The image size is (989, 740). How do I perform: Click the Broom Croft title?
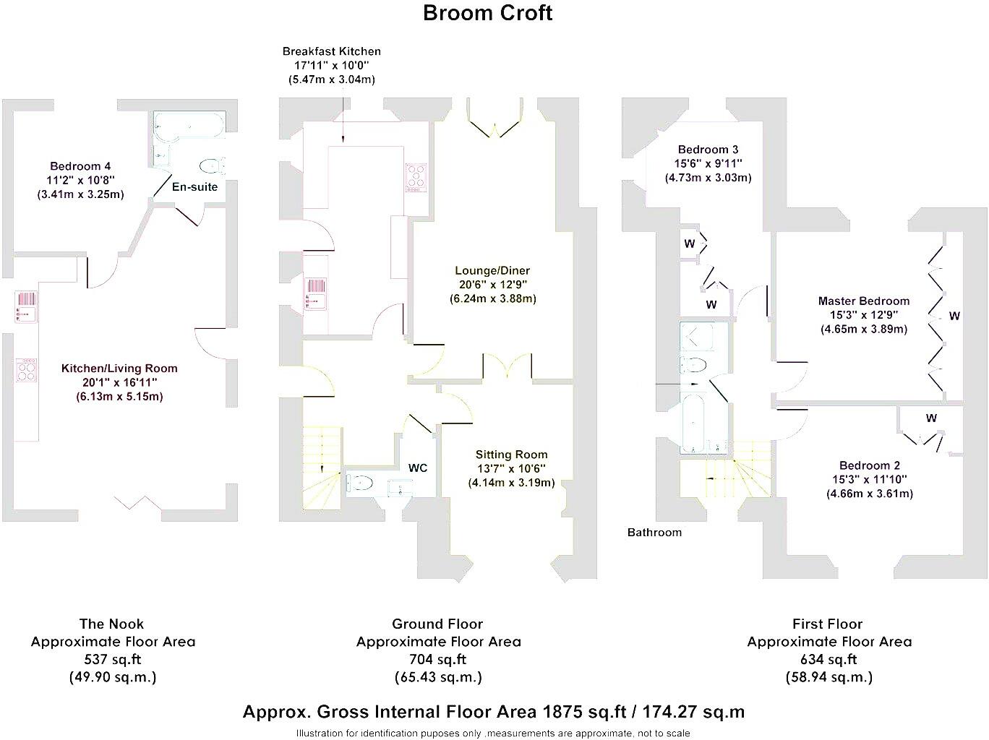pyautogui.click(x=487, y=13)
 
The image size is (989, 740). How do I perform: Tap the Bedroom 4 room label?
pyautogui.click(x=80, y=166)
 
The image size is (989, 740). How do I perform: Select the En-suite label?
pyautogui.click(x=194, y=186)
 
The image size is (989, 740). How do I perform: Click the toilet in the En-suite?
pyautogui.click(x=210, y=166)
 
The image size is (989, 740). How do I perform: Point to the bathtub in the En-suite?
pyautogui.click(x=189, y=124)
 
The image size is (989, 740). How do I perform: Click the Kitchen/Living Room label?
pyautogui.click(x=119, y=368)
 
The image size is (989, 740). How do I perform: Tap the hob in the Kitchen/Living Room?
pyautogui.click(x=26, y=371)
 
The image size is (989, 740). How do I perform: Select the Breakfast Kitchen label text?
pyautogui.click(x=331, y=51)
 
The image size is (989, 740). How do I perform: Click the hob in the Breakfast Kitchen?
pyautogui.click(x=416, y=177)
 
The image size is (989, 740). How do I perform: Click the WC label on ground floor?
pyautogui.click(x=418, y=468)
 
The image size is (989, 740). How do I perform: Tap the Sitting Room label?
pyautogui.click(x=511, y=455)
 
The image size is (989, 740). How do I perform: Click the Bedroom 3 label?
pyautogui.click(x=708, y=150)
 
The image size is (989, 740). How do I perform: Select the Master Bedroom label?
pyautogui.click(x=863, y=301)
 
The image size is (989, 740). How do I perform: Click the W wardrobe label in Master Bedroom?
pyautogui.click(x=954, y=316)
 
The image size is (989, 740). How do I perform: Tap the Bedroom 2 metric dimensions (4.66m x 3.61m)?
pyautogui.click(x=869, y=494)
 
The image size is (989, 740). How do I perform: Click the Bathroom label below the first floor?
pyautogui.click(x=654, y=533)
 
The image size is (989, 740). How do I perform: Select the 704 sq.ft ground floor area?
pyautogui.click(x=437, y=659)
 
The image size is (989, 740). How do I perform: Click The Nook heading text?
pyautogui.click(x=111, y=624)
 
